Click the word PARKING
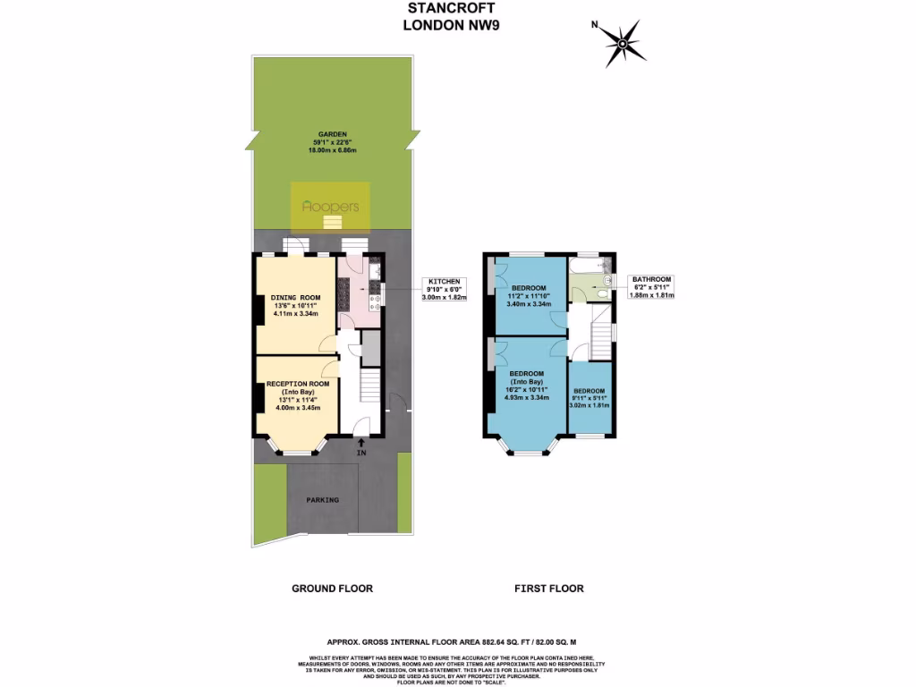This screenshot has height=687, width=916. pyautogui.click(x=322, y=500)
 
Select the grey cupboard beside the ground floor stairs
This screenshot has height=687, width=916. pyautogui.click(x=371, y=349)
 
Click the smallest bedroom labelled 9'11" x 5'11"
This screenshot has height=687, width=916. pyautogui.click(x=589, y=398)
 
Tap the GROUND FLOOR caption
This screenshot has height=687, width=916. pyautogui.click(x=332, y=589)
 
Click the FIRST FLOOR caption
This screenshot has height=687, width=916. pyautogui.click(x=548, y=589)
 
